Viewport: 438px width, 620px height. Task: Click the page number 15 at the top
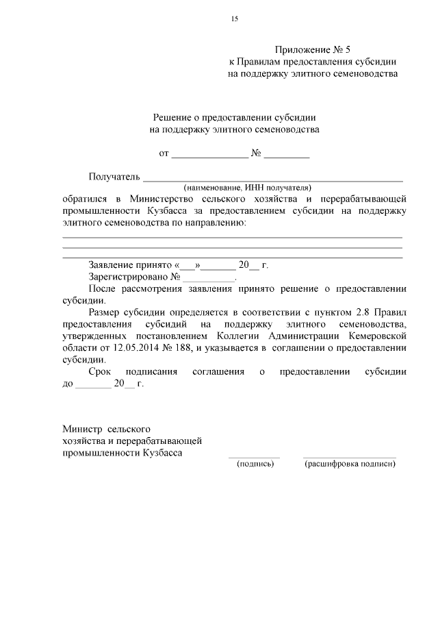coord(234,20)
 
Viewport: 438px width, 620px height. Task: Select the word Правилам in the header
coord(261,62)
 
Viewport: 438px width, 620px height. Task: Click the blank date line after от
coord(209,153)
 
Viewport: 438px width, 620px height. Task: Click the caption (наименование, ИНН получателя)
coord(248,186)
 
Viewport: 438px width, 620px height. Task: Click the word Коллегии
coord(241,336)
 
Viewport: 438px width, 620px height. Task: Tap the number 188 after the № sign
coord(188,348)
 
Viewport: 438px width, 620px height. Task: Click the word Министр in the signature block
coord(81,429)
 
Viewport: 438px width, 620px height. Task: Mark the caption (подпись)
coord(255,464)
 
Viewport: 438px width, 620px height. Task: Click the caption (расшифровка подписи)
coord(350,464)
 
